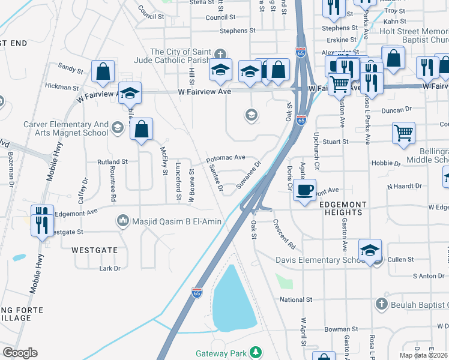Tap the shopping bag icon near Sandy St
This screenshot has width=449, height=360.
103,71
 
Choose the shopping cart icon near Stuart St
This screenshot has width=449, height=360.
403,134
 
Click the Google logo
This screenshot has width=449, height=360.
20,353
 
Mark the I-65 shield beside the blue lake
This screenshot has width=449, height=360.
197,292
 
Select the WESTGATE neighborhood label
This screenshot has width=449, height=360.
94,249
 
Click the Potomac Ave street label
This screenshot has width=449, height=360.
226,158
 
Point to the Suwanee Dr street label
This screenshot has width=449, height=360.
250,174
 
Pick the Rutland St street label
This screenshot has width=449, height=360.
113,162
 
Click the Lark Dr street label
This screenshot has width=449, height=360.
110,268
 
